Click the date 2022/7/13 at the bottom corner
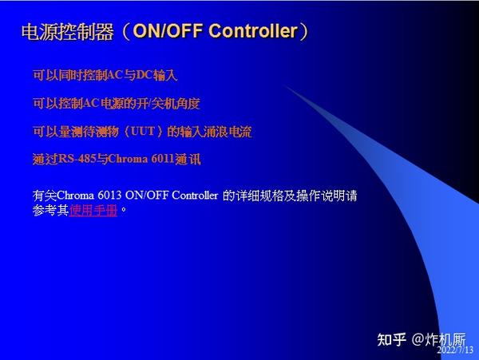pyautogui.click(x=456, y=350)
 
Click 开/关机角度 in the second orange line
pyautogui.click(x=170, y=103)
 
